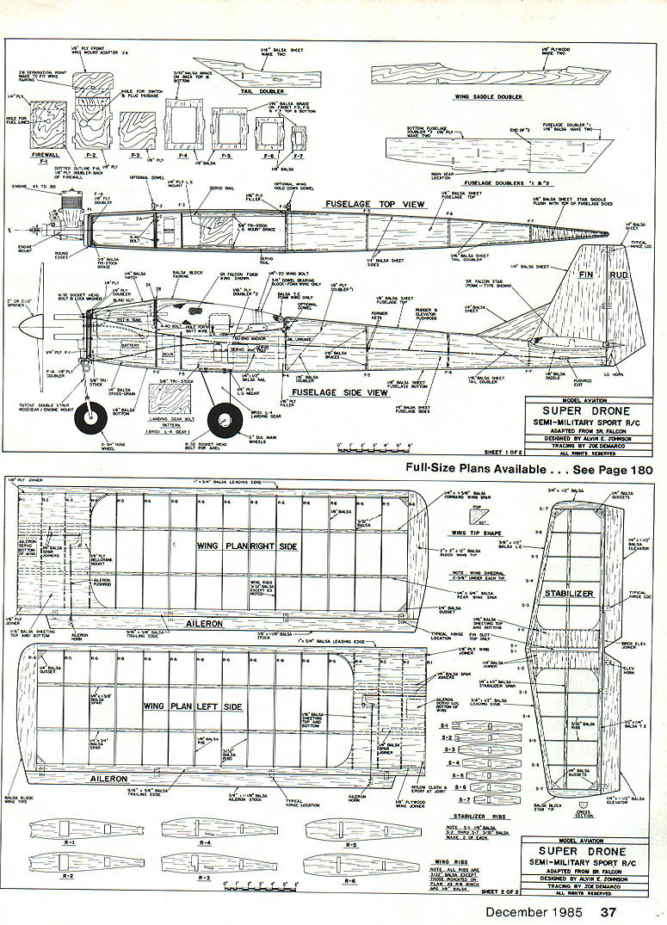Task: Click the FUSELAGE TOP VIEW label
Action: click(x=375, y=204)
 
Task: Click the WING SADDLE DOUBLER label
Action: click(x=488, y=97)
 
